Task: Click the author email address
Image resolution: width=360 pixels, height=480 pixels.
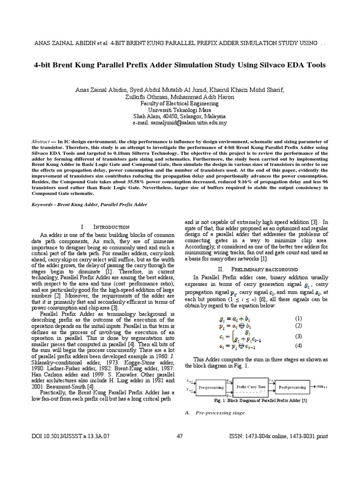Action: [x=180, y=123]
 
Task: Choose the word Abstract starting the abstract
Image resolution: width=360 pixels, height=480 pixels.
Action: [x=40, y=141]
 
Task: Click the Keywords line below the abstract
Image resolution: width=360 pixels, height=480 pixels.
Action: [x=89, y=205]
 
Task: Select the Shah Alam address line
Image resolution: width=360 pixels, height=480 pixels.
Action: [x=180, y=116]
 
